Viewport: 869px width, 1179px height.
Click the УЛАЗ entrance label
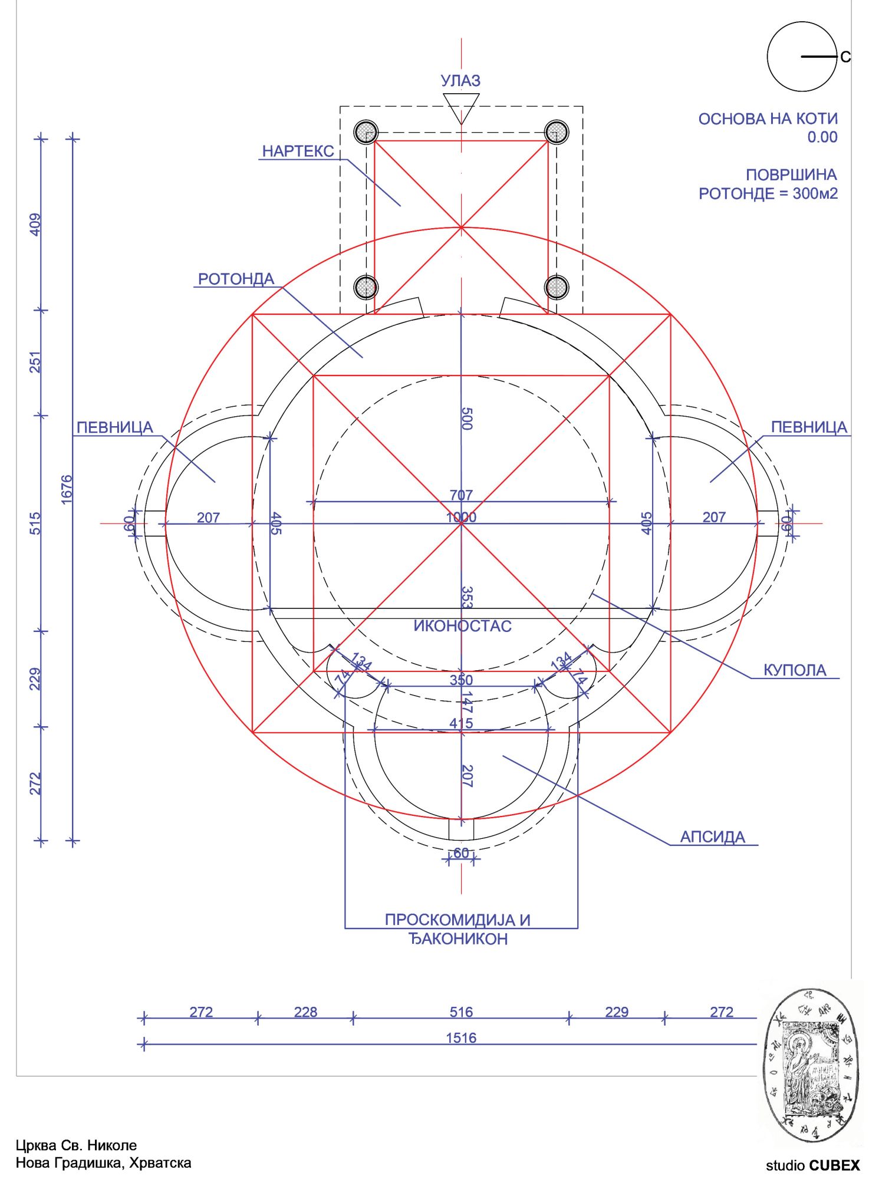[460, 81]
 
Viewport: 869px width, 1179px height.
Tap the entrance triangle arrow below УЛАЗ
[461, 107]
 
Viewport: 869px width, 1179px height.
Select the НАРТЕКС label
[298, 152]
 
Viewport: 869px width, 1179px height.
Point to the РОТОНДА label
[236, 279]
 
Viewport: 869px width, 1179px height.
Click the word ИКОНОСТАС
[462, 626]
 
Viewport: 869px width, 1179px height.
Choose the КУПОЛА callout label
[794, 670]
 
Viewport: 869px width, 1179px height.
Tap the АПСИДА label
[712, 837]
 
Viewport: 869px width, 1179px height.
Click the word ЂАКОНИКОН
[458, 939]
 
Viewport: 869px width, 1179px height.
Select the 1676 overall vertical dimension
[67, 489]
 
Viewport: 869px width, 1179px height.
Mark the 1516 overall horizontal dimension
[461, 1038]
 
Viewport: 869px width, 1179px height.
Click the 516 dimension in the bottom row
[461, 1012]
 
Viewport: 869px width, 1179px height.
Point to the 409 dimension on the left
[35, 225]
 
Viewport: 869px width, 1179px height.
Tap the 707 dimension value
[461, 495]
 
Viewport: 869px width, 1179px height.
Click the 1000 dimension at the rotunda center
[461, 518]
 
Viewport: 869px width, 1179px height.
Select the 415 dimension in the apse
[461, 723]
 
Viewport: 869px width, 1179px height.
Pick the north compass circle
[802, 57]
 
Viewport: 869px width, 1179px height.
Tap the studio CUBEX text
[812, 1165]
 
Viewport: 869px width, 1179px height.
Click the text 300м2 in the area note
[815, 193]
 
